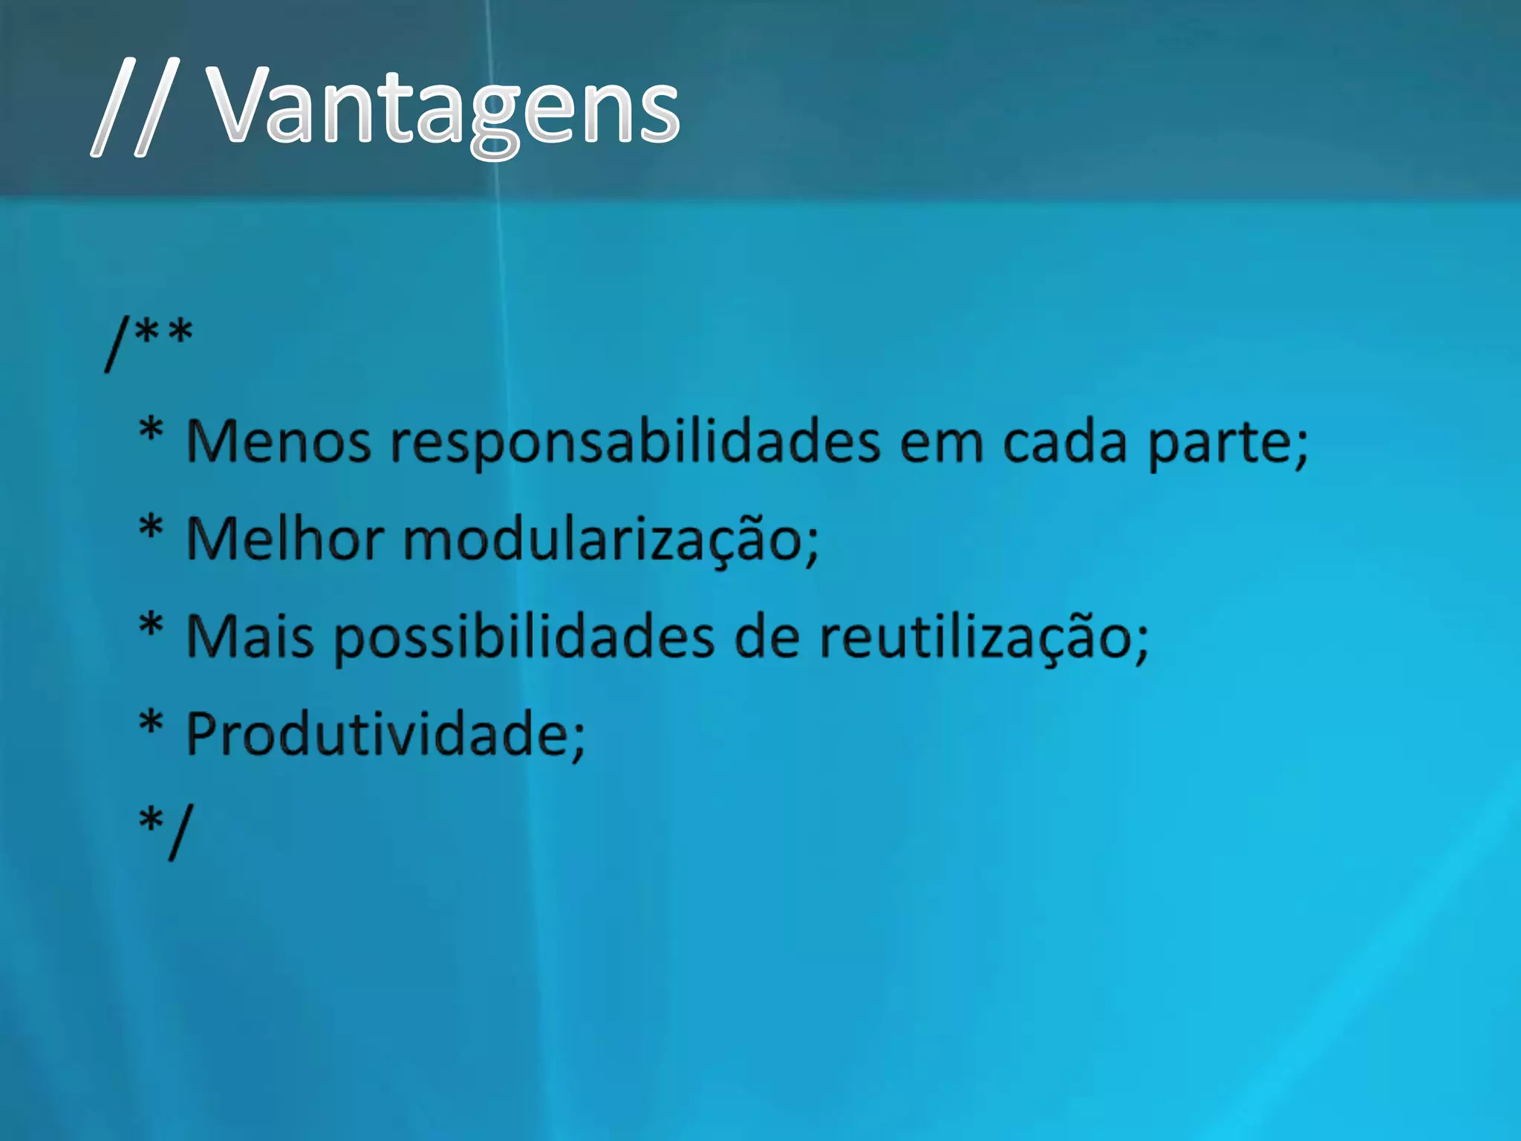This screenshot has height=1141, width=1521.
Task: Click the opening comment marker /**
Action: [x=149, y=341]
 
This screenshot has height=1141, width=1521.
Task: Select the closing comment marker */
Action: [x=166, y=829]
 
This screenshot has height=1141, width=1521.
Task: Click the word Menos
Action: [x=278, y=442]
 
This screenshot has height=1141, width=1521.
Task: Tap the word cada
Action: [x=1065, y=442]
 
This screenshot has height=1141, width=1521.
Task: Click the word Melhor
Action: [x=285, y=539]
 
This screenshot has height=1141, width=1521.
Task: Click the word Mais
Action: [x=250, y=637]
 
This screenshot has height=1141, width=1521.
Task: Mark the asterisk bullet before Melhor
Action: [x=151, y=528]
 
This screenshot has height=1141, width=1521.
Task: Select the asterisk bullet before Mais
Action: [x=151, y=625]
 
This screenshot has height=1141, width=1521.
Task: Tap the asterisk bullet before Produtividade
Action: [x=151, y=723]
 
